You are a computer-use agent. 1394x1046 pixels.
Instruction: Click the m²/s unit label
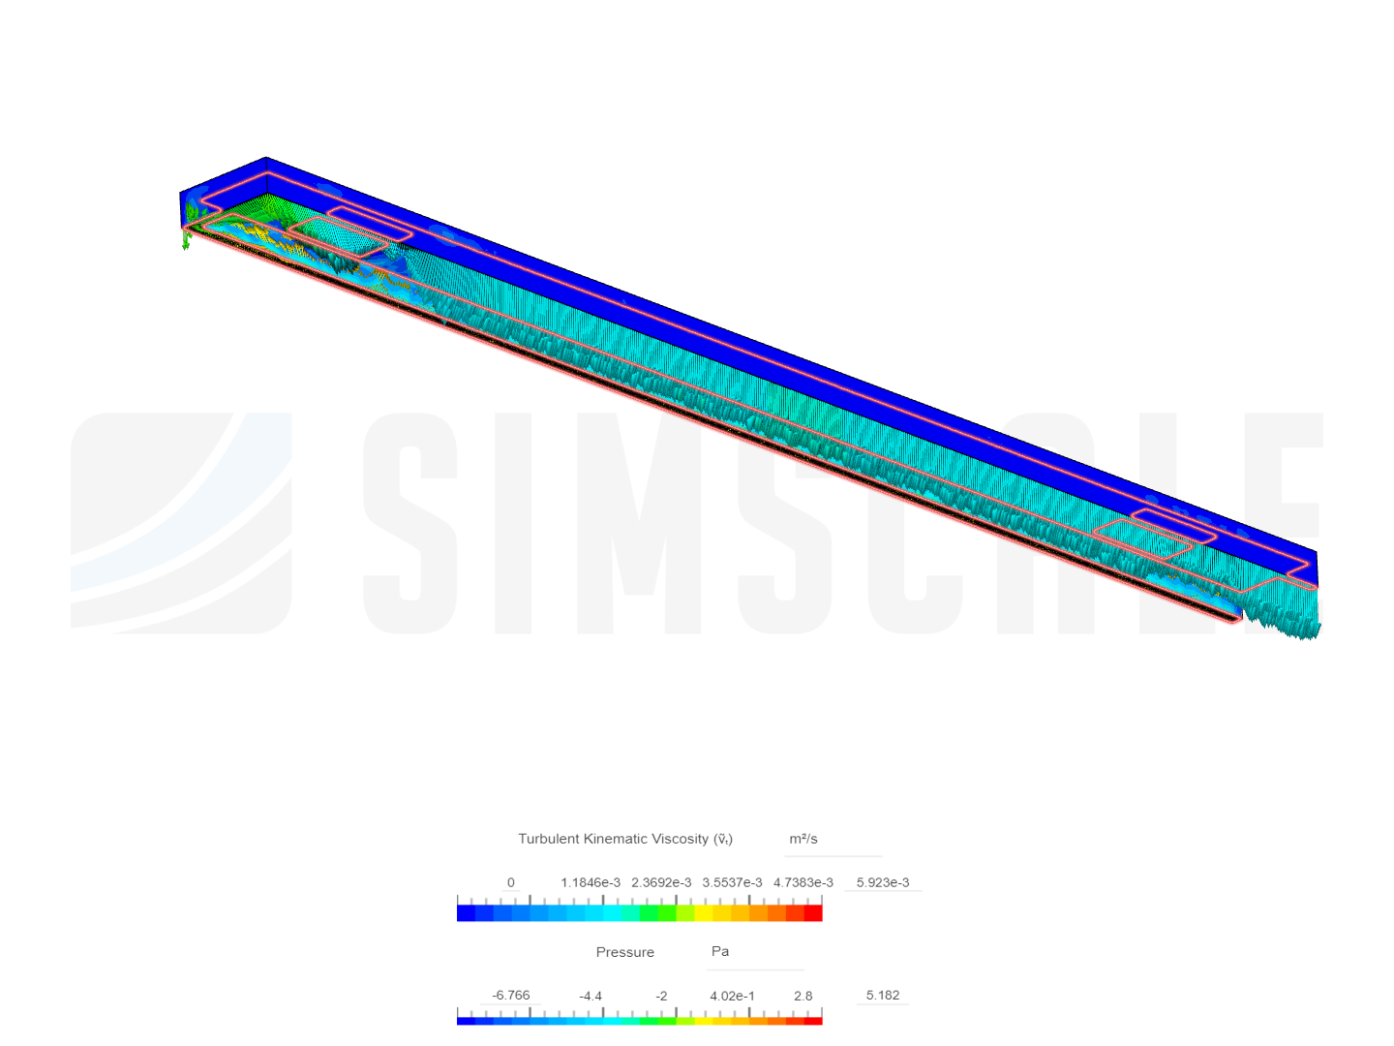click(x=803, y=839)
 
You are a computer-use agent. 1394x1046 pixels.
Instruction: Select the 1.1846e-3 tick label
click(x=590, y=882)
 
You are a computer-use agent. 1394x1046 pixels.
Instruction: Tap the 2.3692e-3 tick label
click(x=660, y=882)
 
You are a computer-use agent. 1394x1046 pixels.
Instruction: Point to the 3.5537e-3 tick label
click(x=732, y=882)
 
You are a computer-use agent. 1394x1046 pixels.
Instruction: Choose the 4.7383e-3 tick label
click(x=803, y=882)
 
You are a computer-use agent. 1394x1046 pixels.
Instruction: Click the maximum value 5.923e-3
click(x=882, y=882)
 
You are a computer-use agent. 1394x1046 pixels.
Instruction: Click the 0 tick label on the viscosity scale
click(x=510, y=882)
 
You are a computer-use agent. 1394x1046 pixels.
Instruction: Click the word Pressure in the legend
click(x=625, y=952)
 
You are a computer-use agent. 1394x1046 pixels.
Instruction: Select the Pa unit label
click(x=719, y=951)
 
